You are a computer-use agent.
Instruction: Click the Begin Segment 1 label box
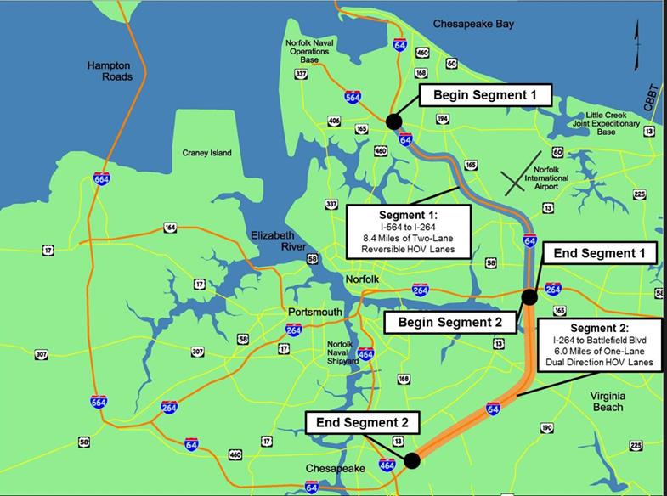point(485,95)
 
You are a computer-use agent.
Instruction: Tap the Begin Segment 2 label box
point(450,322)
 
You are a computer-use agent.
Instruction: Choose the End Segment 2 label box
point(363,422)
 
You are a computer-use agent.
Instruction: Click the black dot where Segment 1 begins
point(393,121)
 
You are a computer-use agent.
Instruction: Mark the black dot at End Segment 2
point(412,460)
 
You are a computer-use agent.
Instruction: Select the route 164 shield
point(170,228)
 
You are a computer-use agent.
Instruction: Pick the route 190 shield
point(546,427)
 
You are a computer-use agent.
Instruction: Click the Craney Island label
point(206,154)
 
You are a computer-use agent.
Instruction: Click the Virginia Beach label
point(618,401)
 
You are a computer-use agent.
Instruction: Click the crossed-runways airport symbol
point(520,179)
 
